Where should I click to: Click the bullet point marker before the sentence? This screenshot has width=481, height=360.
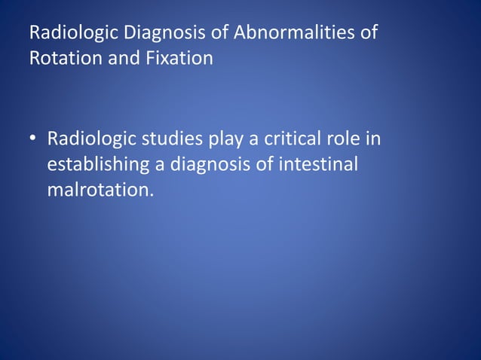coord(34,140)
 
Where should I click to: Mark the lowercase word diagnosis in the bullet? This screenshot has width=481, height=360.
coord(204,164)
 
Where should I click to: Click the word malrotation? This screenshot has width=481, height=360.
coord(99,188)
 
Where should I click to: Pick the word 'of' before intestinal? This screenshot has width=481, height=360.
coord(265,164)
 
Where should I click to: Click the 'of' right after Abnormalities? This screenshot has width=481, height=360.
coord(368,34)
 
